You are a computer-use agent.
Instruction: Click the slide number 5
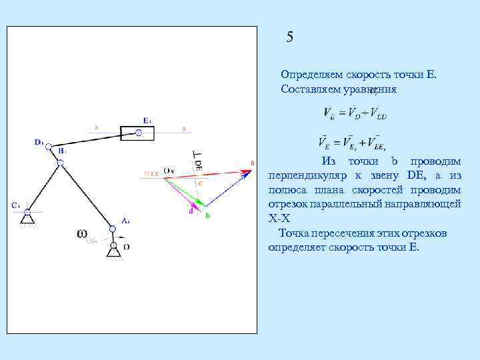pos(289,37)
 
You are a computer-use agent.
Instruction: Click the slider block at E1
pos(137,133)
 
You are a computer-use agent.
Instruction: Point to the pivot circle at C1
pos(27,213)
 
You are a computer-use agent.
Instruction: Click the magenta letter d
pos(190,211)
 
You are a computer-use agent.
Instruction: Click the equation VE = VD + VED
pos(354,113)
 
